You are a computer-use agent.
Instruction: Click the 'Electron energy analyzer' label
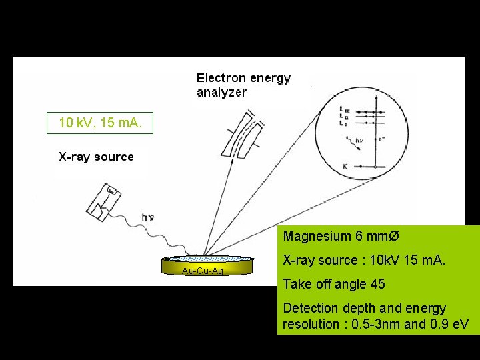click(x=243, y=85)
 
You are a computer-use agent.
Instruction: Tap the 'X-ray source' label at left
click(x=96, y=157)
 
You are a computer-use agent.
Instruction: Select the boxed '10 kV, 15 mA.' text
click(x=99, y=123)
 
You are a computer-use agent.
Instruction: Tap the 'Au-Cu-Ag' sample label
click(x=202, y=271)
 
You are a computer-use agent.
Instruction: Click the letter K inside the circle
click(x=344, y=165)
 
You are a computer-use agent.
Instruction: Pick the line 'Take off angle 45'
click(x=333, y=285)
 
